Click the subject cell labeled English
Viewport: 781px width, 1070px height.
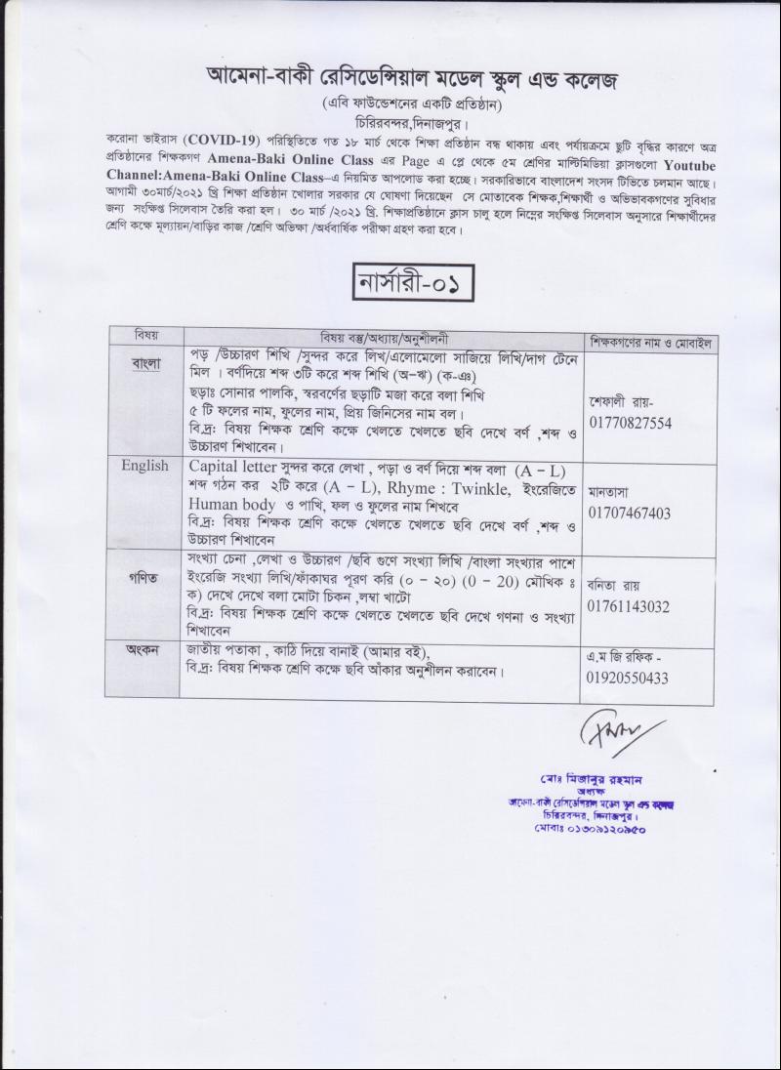(144, 466)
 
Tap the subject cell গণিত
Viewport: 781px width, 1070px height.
(144, 579)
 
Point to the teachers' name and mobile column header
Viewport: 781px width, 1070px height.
(651, 342)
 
